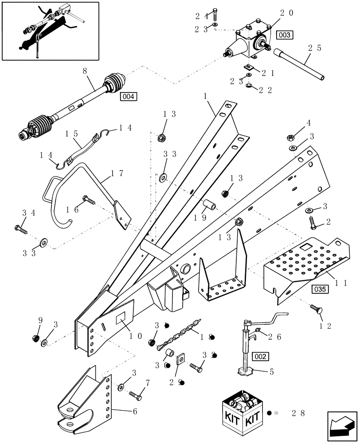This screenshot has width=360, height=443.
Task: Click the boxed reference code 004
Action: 129,96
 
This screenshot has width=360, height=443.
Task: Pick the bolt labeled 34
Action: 21,229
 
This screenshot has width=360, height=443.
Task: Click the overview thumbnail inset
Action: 50,31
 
